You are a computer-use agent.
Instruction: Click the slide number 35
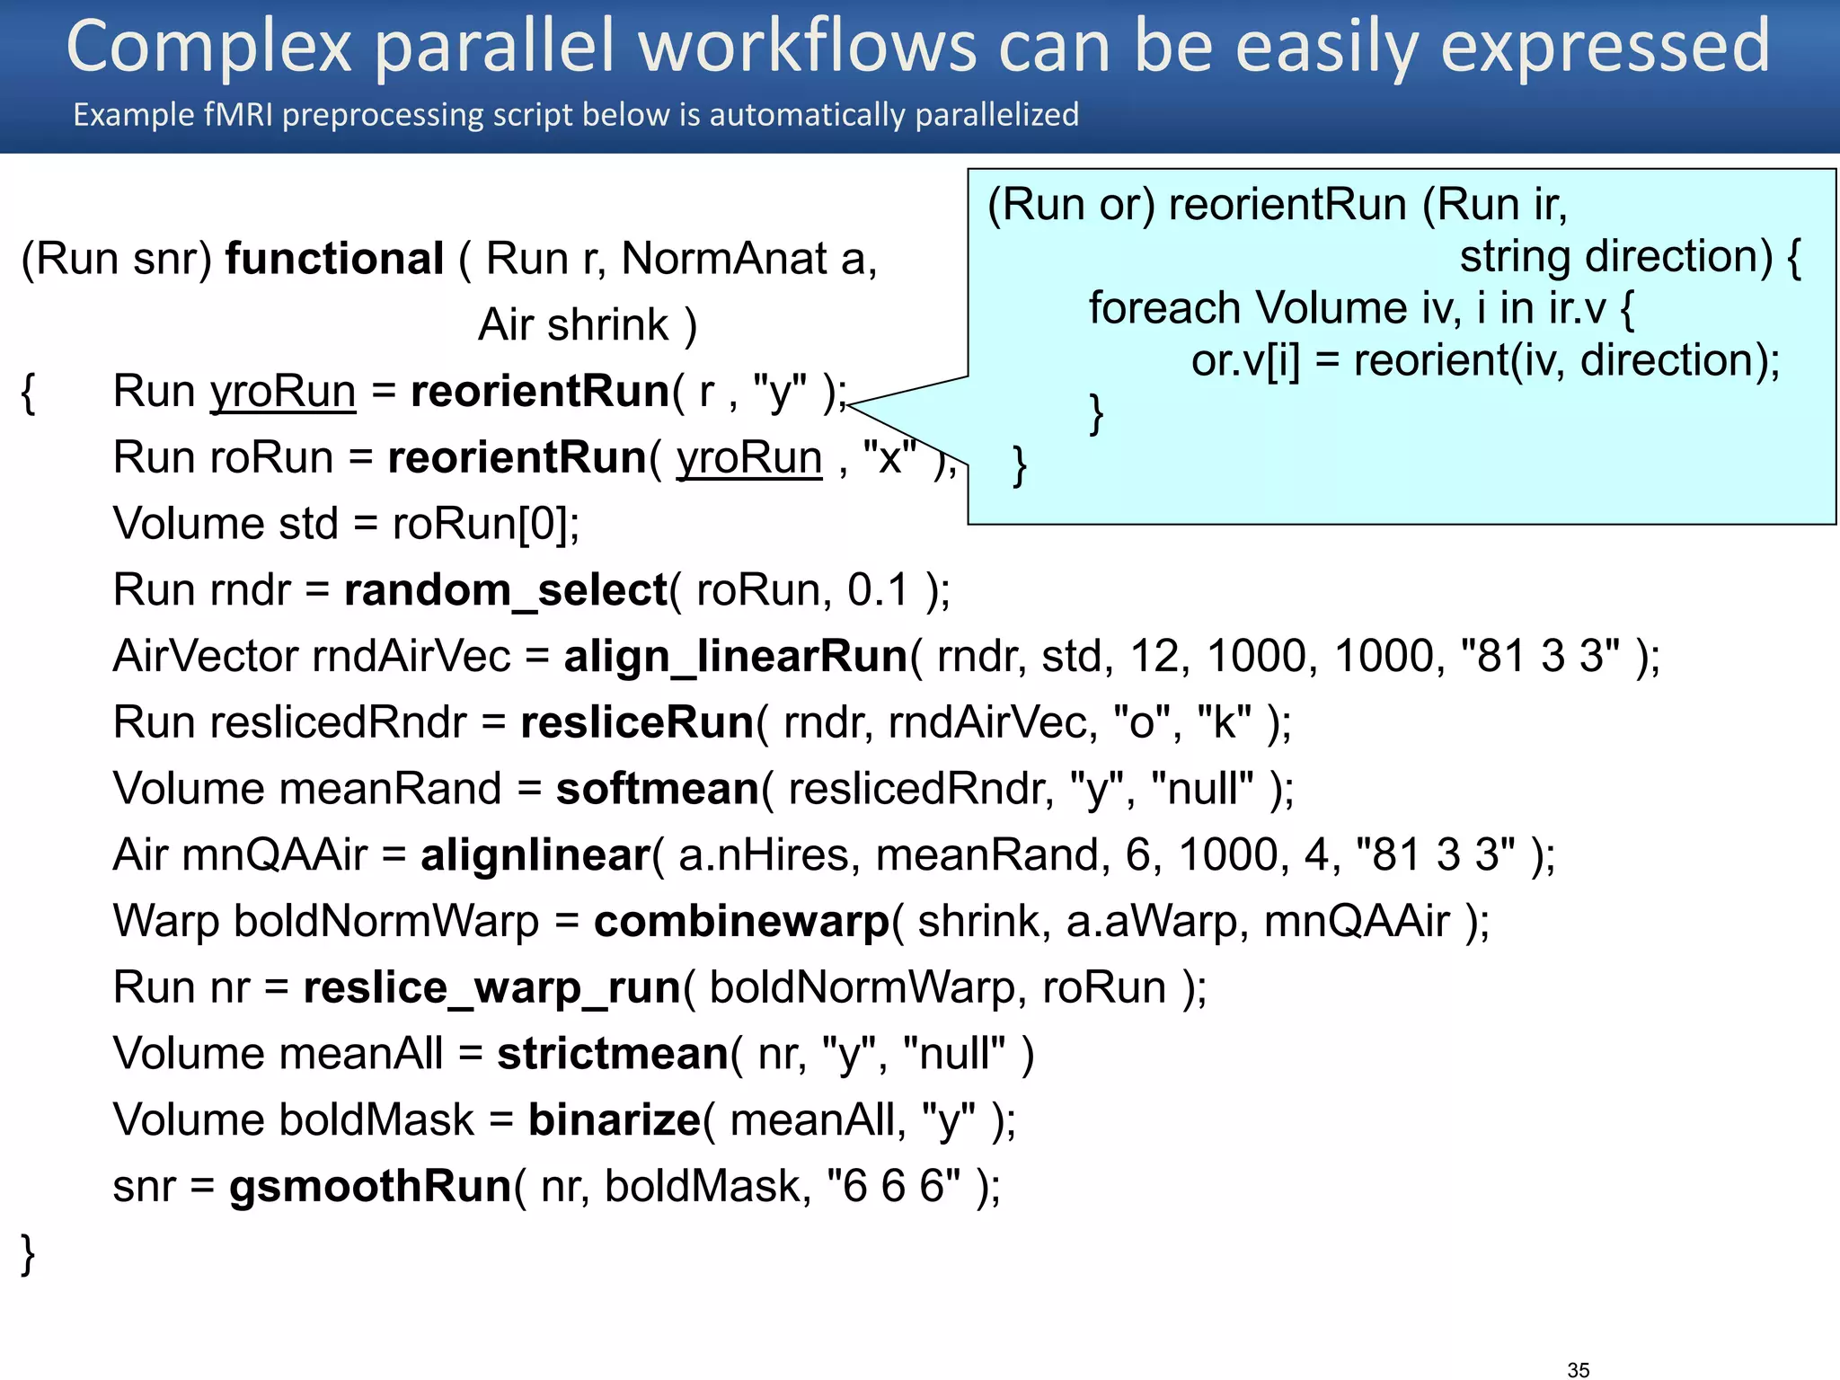coord(1578,1369)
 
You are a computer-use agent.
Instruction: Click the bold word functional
coord(334,259)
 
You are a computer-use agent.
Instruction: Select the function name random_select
coord(505,590)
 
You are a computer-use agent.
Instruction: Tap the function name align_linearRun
coord(735,656)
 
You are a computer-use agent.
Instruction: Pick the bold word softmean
coord(658,789)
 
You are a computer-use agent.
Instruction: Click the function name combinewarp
coord(741,921)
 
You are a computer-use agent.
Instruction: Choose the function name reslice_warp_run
coord(491,987)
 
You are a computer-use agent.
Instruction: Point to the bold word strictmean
coord(613,1053)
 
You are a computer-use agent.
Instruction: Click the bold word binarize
coord(614,1119)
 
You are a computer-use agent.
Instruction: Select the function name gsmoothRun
coord(370,1186)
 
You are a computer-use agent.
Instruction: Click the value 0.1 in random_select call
coord(878,590)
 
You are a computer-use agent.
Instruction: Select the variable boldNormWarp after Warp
coord(386,921)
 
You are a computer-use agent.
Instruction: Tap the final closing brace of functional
coord(28,1252)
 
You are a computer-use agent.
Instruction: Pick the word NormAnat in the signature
coord(724,259)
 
